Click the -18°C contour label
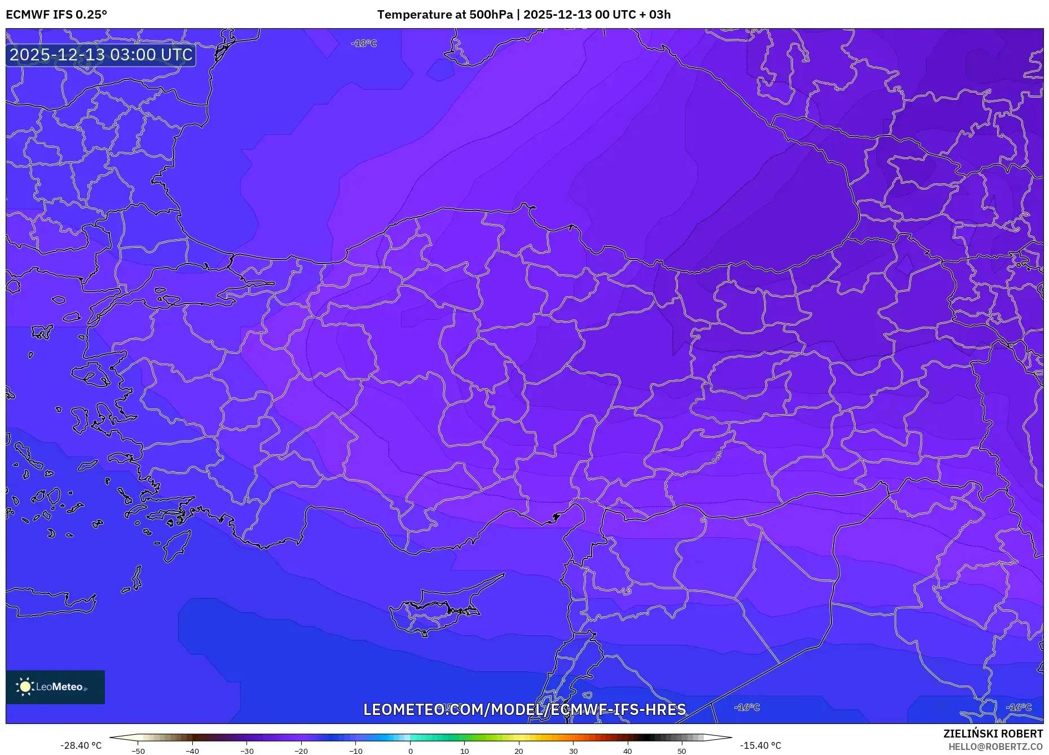click(364, 43)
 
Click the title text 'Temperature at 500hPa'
click(445, 15)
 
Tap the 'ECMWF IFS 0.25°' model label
click(56, 15)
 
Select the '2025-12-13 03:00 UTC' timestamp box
click(101, 55)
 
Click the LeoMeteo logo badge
click(55, 687)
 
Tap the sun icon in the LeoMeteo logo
click(25, 687)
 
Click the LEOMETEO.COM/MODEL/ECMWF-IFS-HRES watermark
click(524, 709)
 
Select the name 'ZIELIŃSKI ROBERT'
click(993, 734)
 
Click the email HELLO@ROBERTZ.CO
click(995, 747)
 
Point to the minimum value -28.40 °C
click(81, 745)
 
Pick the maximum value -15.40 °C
click(760, 745)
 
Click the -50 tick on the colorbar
click(138, 751)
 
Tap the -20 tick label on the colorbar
click(301, 751)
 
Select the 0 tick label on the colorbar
click(411, 751)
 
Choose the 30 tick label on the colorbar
click(573, 751)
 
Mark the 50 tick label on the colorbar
click(682, 751)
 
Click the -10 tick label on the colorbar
click(356, 751)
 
